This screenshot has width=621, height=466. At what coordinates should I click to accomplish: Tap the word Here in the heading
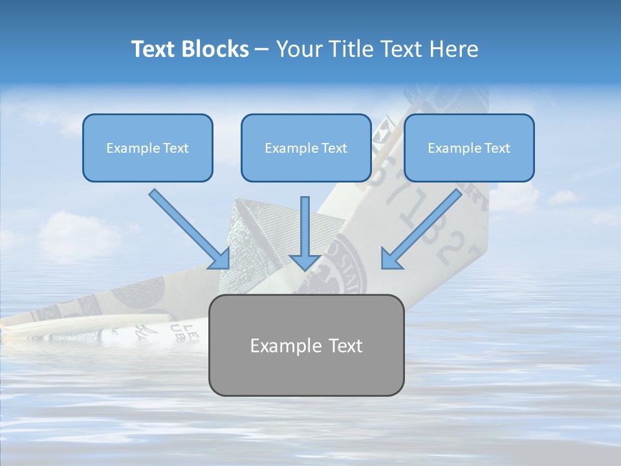click(x=453, y=49)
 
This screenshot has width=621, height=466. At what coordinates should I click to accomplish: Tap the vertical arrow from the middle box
click(x=304, y=227)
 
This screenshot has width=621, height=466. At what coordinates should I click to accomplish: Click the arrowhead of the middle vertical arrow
click(x=304, y=261)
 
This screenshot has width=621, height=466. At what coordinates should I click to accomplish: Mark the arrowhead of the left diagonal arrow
click(x=221, y=259)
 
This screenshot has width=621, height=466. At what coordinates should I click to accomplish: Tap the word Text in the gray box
click(x=345, y=346)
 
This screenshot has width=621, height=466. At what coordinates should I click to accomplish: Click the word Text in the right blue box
click(x=497, y=148)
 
